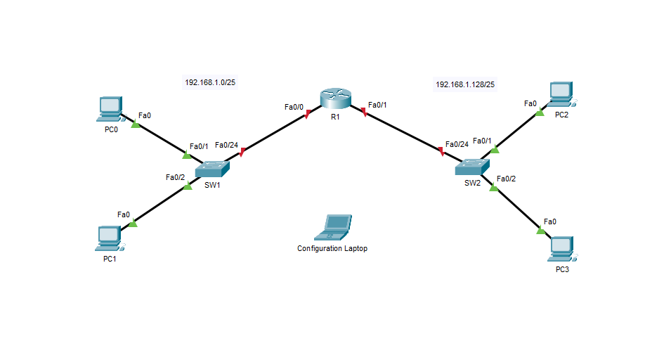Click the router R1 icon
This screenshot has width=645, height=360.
pos(335,98)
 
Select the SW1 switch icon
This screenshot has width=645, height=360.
pos(212,169)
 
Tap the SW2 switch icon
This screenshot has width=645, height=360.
pos(472,167)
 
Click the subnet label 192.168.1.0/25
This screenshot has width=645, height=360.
pos(210,83)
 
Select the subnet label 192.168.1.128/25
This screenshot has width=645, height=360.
pos(465,84)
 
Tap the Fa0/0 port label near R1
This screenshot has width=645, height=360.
pos(294,108)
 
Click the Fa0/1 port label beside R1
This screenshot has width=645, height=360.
pos(377,105)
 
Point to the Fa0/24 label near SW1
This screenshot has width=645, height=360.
pos(226,145)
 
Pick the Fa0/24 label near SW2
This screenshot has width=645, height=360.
pos(457,144)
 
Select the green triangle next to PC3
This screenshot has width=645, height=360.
pos(540,230)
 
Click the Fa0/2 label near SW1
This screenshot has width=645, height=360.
pos(175,177)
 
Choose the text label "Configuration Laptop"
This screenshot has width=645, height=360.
pos(332,249)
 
